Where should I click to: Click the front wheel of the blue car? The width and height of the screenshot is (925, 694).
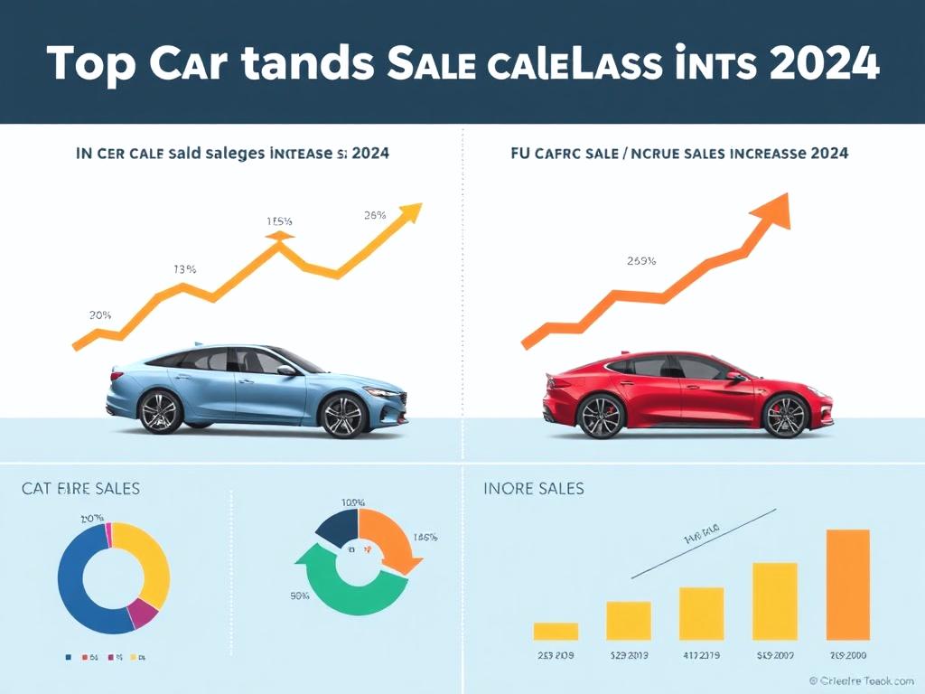point(342,414)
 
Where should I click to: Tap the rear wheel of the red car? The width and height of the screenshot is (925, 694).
point(602,417)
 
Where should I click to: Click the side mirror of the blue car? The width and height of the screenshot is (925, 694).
point(286,370)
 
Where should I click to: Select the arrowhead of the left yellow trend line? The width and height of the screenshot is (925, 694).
point(410,213)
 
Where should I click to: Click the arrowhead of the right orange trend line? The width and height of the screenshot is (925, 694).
point(775,210)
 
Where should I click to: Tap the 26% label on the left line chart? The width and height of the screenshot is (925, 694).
point(375,215)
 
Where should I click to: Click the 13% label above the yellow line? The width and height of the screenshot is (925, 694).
point(185,269)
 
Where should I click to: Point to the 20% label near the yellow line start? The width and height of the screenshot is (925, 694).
point(100,315)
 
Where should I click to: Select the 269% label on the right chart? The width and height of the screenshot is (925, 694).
point(641,261)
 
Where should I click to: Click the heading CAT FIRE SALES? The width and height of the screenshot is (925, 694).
point(80,489)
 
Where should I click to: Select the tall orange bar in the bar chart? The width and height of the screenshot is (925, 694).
point(847,584)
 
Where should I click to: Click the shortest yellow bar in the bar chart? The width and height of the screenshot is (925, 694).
point(556,631)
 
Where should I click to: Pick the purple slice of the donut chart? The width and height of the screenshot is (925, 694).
point(142,614)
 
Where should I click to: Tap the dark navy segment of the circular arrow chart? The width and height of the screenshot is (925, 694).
point(339,527)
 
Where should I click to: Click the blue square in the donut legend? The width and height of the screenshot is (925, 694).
point(69,657)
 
